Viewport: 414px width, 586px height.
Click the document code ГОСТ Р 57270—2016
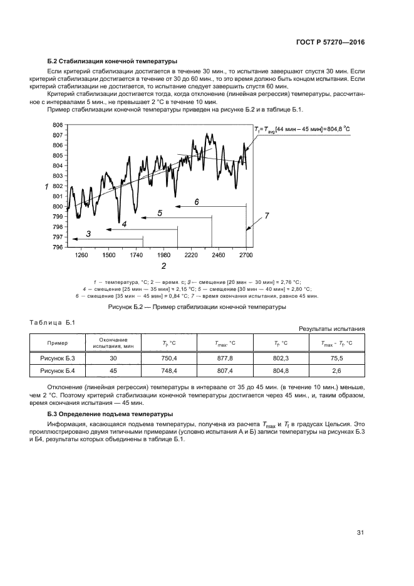coord(329,42)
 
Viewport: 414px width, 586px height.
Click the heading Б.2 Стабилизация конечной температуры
coord(112,61)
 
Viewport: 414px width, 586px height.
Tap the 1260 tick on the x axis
coord(80,256)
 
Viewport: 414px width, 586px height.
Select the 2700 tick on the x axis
coord(246,256)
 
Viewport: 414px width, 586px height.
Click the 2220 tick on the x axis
coord(191,256)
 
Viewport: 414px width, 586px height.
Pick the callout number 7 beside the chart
coord(266,216)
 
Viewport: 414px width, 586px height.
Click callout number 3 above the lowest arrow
coord(88,234)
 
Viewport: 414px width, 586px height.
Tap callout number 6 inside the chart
coord(196,202)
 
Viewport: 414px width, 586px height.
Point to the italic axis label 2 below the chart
coord(163,266)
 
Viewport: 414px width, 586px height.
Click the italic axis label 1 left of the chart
coord(46,187)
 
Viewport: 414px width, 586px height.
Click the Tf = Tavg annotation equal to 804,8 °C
coord(302,128)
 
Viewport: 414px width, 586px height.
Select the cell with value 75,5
coord(336,358)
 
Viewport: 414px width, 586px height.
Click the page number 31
coord(360,533)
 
